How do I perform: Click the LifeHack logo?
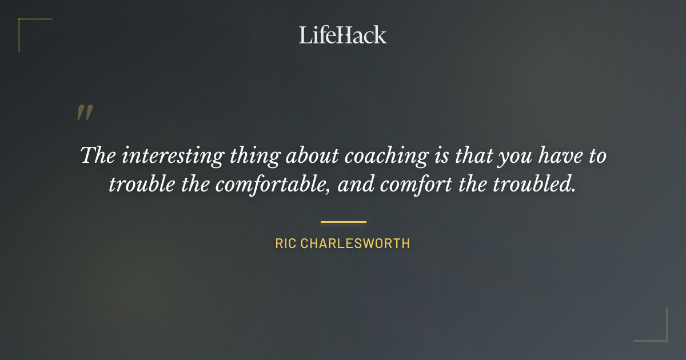coord(343,35)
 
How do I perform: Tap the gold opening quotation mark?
coord(85,113)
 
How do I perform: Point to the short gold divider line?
coord(343,221)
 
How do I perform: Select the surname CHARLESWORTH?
coord(356,243)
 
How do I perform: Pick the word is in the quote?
coord(442,156)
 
